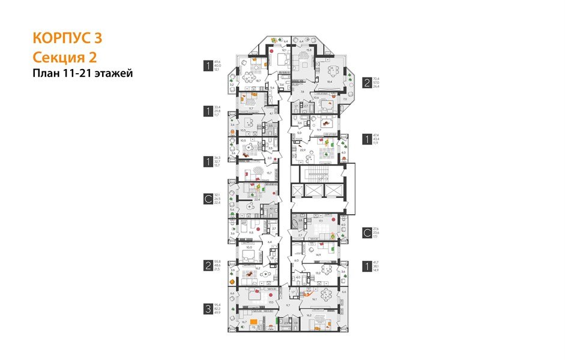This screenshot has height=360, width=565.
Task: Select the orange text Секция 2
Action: point(64,57)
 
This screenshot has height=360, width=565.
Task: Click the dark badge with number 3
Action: point(208,310)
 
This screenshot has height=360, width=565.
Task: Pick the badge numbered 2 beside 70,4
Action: point(366,82)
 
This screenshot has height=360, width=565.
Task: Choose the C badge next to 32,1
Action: point(208,198)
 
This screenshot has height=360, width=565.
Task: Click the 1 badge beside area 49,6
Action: point(208,65)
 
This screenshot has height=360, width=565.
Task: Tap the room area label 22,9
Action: point(303,151)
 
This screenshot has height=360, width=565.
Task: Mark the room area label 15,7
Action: point(261,173)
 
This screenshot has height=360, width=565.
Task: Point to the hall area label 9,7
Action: point(288,305)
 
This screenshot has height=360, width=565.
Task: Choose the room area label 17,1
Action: point(321,221)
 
